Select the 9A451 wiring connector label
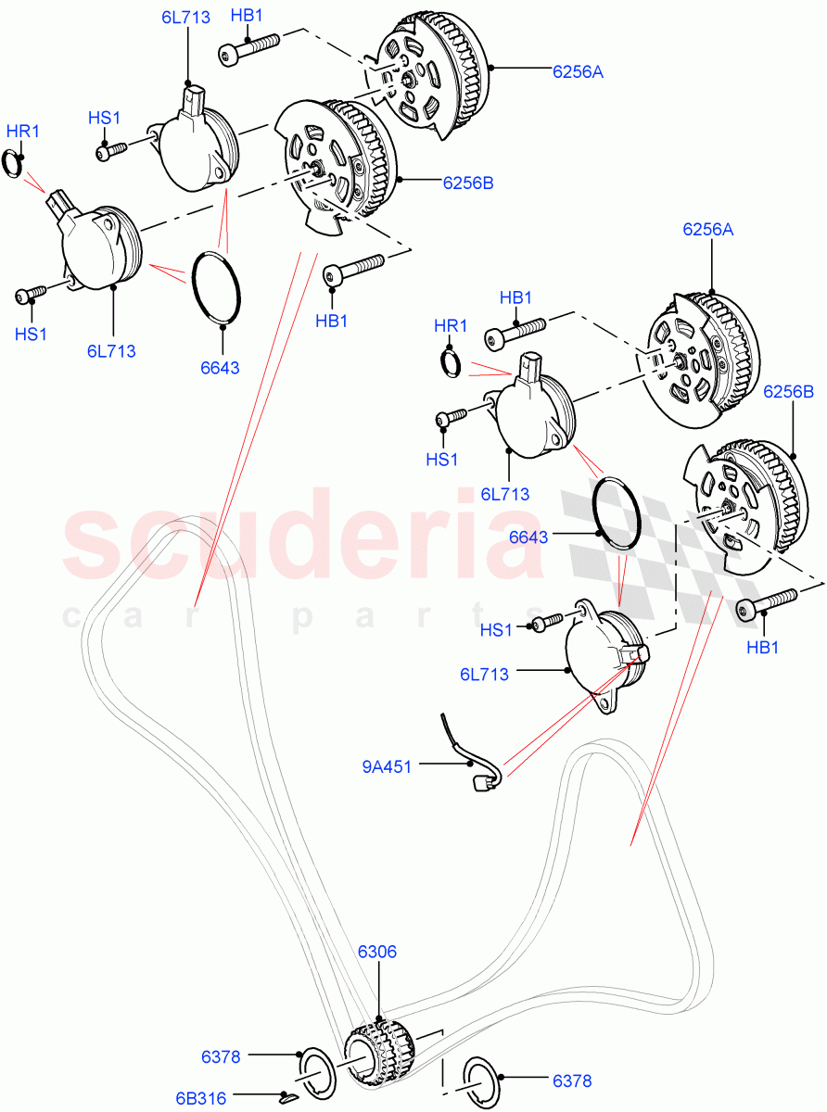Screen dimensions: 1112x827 pos(387,765)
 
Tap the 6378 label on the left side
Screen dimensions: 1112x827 pos(222,1056)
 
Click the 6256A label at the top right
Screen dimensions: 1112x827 pos(578,70)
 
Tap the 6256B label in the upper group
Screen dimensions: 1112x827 pos(467,183)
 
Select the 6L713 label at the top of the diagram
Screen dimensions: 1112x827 pos(184,17)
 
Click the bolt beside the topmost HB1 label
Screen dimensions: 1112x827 pos(250,49)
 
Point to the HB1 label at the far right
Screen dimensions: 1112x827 pos(763,647)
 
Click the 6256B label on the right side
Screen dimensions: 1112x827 pos(788,392)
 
